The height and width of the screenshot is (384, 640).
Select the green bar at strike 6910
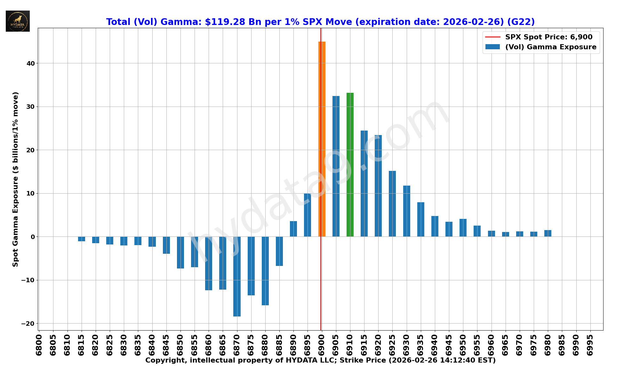[x=350, y=165]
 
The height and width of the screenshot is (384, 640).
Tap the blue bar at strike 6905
[x=336, y=166]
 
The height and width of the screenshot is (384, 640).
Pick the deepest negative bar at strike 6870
[x=237, y=276]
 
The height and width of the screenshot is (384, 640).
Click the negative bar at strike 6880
[x=265, y=271]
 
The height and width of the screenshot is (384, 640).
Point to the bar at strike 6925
[x=392, y=204]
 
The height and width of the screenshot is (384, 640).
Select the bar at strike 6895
[x=308, y=215]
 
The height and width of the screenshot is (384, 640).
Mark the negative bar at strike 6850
[x=180, y=252]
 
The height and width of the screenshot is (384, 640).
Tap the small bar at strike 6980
[x=548, y=233]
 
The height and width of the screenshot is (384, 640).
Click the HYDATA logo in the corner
[x=18, y=21]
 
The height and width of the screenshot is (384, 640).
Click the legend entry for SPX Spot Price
[x=548, y=37]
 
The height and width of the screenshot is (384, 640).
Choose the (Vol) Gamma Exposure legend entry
[x=550, y=47]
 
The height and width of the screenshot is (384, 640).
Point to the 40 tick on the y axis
[x=31, y=63]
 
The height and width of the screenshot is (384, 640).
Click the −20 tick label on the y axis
[x=28, y=324]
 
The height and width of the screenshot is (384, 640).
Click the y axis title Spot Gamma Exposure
[x=16, y=179]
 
